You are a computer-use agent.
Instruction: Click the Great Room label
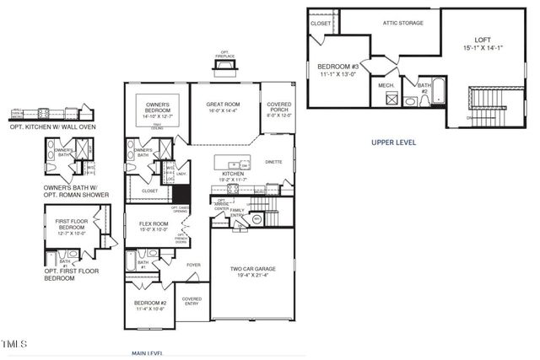224,107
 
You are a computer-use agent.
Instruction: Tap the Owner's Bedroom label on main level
159,106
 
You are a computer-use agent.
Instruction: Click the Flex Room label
155,226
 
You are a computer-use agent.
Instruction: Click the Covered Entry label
192,301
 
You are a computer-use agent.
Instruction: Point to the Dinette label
273,161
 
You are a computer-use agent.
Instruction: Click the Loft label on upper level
482,43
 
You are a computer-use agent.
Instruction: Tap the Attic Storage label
402,23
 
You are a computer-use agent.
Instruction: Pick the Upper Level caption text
393,142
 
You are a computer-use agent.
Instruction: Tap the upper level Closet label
321,24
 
